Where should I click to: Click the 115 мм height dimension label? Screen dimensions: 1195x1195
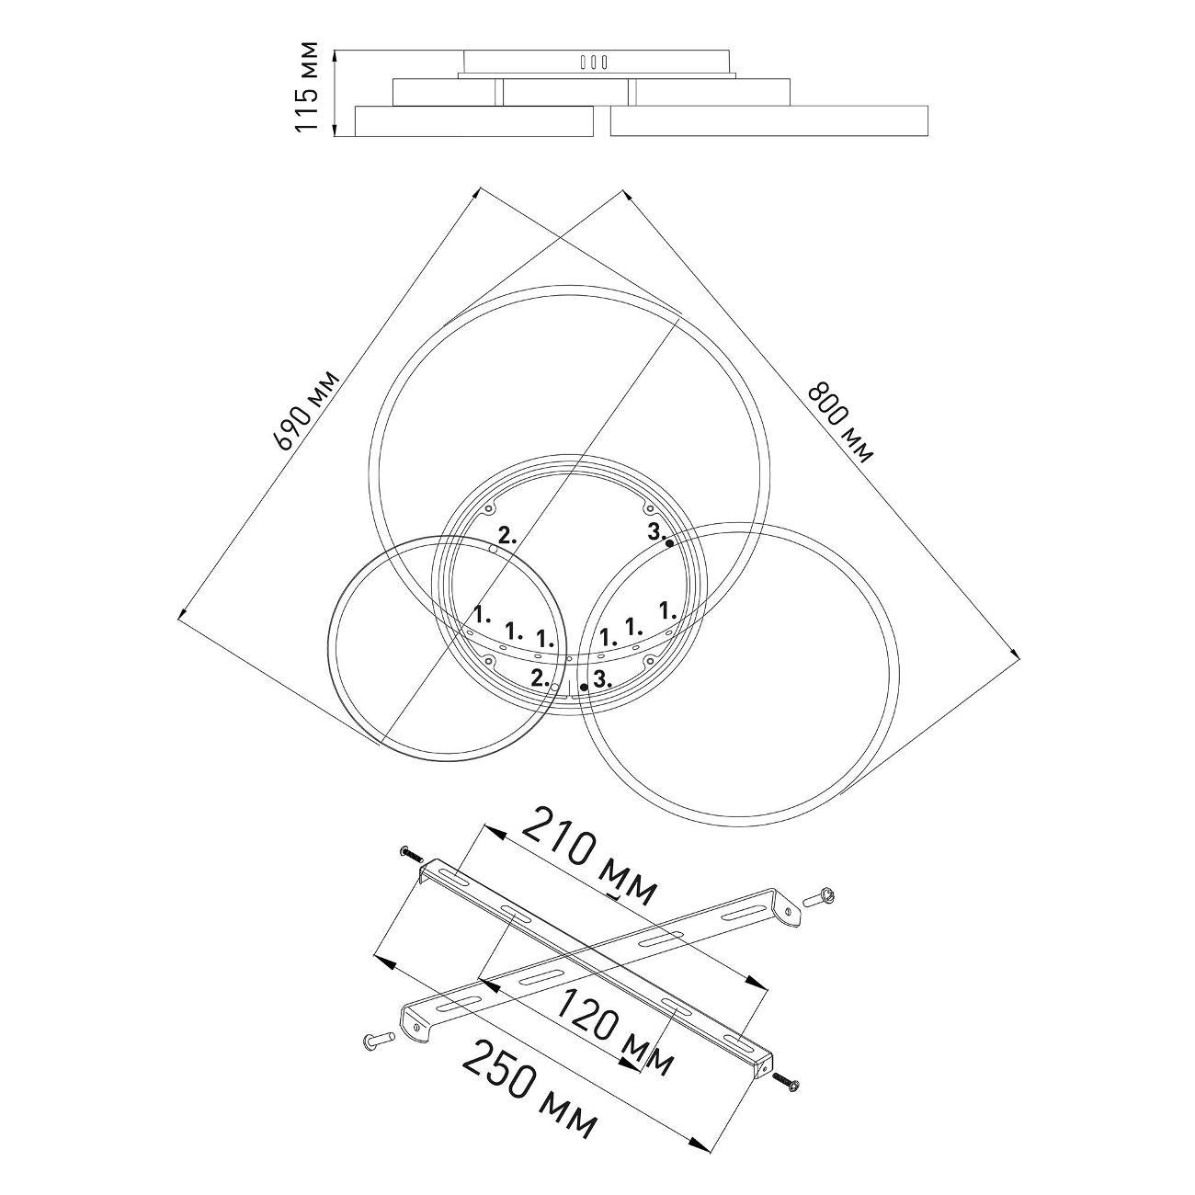(307, 86)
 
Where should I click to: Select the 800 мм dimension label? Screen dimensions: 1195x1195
(840, 423)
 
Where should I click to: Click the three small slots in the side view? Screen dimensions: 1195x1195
(593, 62)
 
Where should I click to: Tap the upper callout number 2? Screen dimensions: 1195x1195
(506, 537)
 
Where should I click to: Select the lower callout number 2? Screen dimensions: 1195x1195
(540, 677)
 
